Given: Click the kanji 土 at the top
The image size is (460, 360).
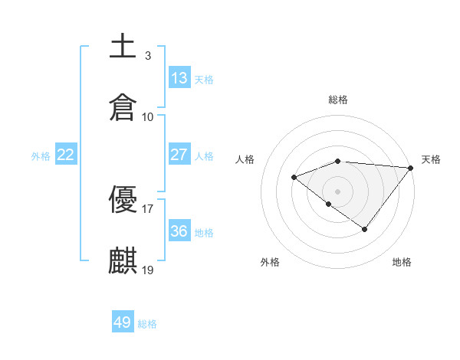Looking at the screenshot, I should (123, 47).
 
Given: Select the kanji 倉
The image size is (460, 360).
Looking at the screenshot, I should (123, 108).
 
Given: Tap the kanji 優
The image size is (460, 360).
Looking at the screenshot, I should (123, 200).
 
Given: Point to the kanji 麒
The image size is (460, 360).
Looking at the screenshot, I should (123, 261).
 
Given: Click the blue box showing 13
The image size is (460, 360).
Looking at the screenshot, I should (179, 77).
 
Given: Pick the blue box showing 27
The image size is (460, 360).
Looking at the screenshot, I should (179, 154).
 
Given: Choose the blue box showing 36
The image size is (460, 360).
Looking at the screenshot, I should (179, 231).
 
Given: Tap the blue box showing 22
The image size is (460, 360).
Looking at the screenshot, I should (66, 154).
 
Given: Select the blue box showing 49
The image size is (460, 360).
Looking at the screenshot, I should (123, 322).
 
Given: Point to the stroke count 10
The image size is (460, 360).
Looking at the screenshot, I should (148, 116).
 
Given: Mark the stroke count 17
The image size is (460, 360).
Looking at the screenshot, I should (148, 208).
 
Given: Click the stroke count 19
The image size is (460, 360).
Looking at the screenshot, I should (148, 270).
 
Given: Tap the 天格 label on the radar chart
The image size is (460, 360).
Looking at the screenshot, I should (431, 159).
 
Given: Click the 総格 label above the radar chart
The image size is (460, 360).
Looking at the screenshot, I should (338, 100).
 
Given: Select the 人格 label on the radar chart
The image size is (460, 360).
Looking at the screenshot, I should (245, 159).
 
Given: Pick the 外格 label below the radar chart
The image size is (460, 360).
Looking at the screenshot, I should (270, 262).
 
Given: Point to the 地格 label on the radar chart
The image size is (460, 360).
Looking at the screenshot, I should (402, 262).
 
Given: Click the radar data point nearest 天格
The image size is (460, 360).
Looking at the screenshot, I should (411, 168).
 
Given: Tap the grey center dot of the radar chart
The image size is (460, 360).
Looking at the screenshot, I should (338, 191).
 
